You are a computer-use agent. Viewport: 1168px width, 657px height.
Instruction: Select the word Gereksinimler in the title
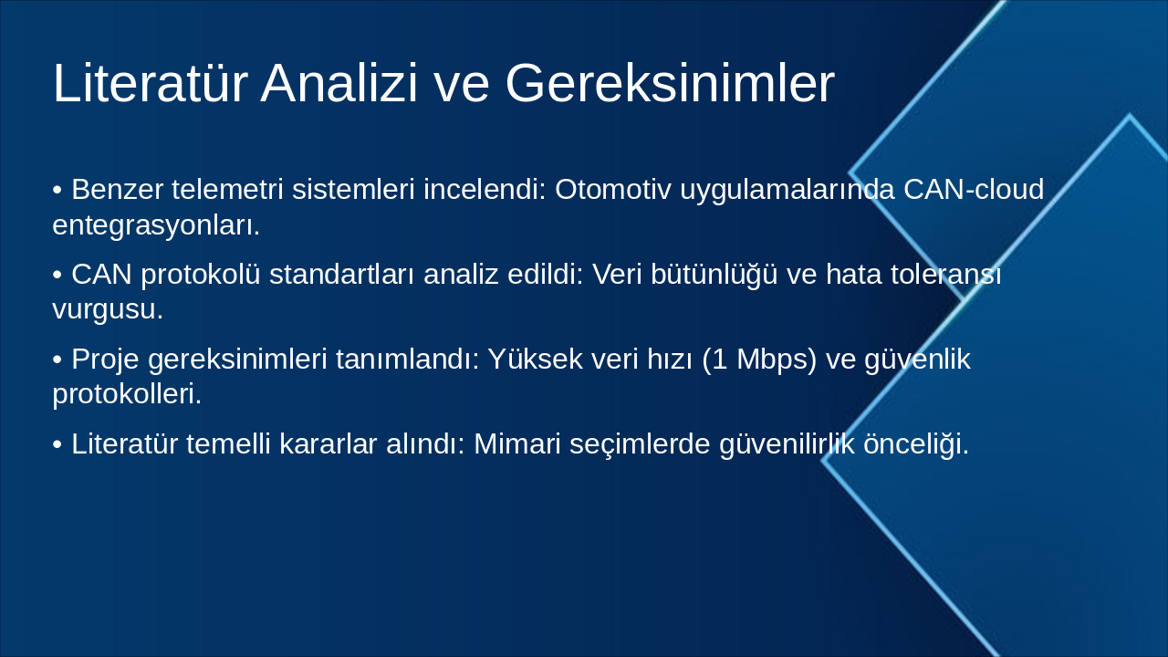click(x=670, y=84)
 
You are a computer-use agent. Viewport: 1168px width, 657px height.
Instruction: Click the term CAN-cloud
click(x=973, y=190)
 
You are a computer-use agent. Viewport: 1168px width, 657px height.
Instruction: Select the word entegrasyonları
click(x=156, y=224)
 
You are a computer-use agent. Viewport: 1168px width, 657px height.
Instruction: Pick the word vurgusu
click(x=107, y=309)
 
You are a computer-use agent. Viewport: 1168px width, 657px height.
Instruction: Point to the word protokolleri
click(x=126, y=394)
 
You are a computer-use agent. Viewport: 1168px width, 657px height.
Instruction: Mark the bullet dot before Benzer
click(x=57, y=191)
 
